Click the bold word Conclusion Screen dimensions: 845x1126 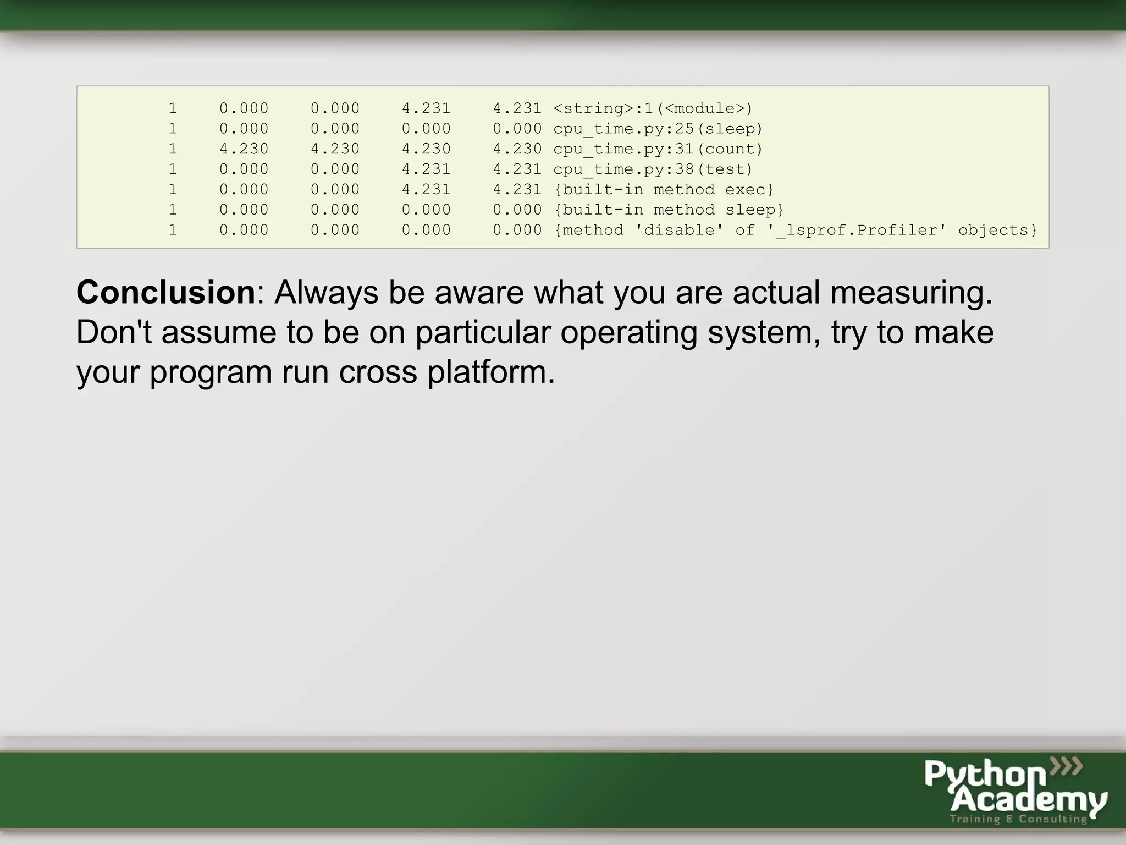click(x=165, y=292)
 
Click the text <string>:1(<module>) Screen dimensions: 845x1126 click(x=653, y=108)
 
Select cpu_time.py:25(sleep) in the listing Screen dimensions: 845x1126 click(x=658, y=129)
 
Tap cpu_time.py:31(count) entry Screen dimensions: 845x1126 click(x=658, y=149)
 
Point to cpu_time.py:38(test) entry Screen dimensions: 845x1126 click(x=653, y=169)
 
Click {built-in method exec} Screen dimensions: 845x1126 click(x=663, y=190)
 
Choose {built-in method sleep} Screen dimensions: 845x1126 click(x=668, y=210)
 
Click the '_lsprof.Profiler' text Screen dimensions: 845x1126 click(x=857, y=230)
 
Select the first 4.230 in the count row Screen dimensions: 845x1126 click(x=244, y=149)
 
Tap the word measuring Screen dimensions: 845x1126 click(x=911, y=293)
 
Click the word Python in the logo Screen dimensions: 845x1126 click(x=985, y=775)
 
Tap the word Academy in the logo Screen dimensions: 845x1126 click(x=1028, y=800)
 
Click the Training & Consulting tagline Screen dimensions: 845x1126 click(x=1018, y=819)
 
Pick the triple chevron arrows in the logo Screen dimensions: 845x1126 click(x=1066, y=766)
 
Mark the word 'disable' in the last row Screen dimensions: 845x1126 click(x=679, y=230)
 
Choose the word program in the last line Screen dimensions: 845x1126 click(x=211, y=373)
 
